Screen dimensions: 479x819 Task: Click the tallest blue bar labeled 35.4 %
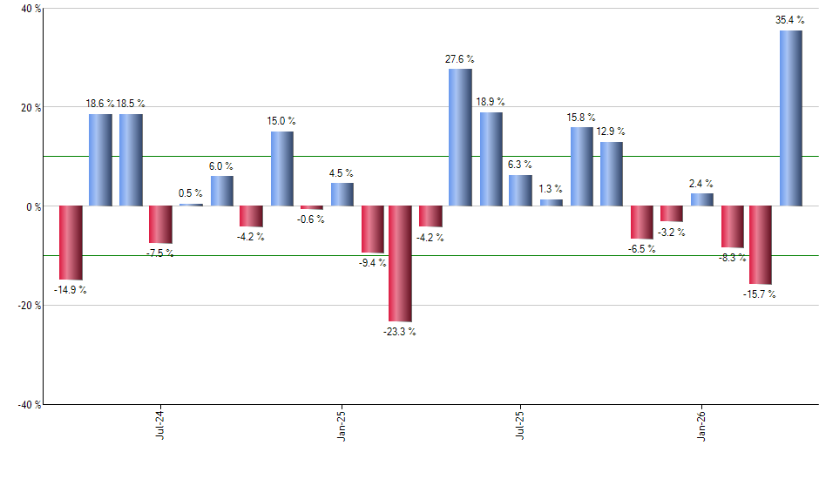click(790, 118)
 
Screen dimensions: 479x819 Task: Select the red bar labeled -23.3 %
click(400, 264)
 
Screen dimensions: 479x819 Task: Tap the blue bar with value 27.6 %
click(460, 138)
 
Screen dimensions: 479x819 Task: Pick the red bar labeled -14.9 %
click(71, 242)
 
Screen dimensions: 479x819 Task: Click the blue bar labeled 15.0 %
click(281, 169)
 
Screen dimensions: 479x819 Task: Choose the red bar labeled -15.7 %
click(761, 245)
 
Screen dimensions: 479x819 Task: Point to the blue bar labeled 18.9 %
click(491, 159)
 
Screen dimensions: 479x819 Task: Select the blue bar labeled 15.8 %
click(581, 167)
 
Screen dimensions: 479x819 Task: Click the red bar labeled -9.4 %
click(373, 229)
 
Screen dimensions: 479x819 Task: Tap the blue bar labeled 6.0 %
click(221, 191)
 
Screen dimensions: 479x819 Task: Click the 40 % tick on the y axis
click(20, 9)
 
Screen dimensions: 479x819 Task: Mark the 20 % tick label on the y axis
click(20, 108)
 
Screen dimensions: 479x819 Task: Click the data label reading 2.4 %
click(701, 184)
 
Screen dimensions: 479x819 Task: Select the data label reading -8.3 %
click(732, 258)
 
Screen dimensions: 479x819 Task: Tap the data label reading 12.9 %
click(611, 132)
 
